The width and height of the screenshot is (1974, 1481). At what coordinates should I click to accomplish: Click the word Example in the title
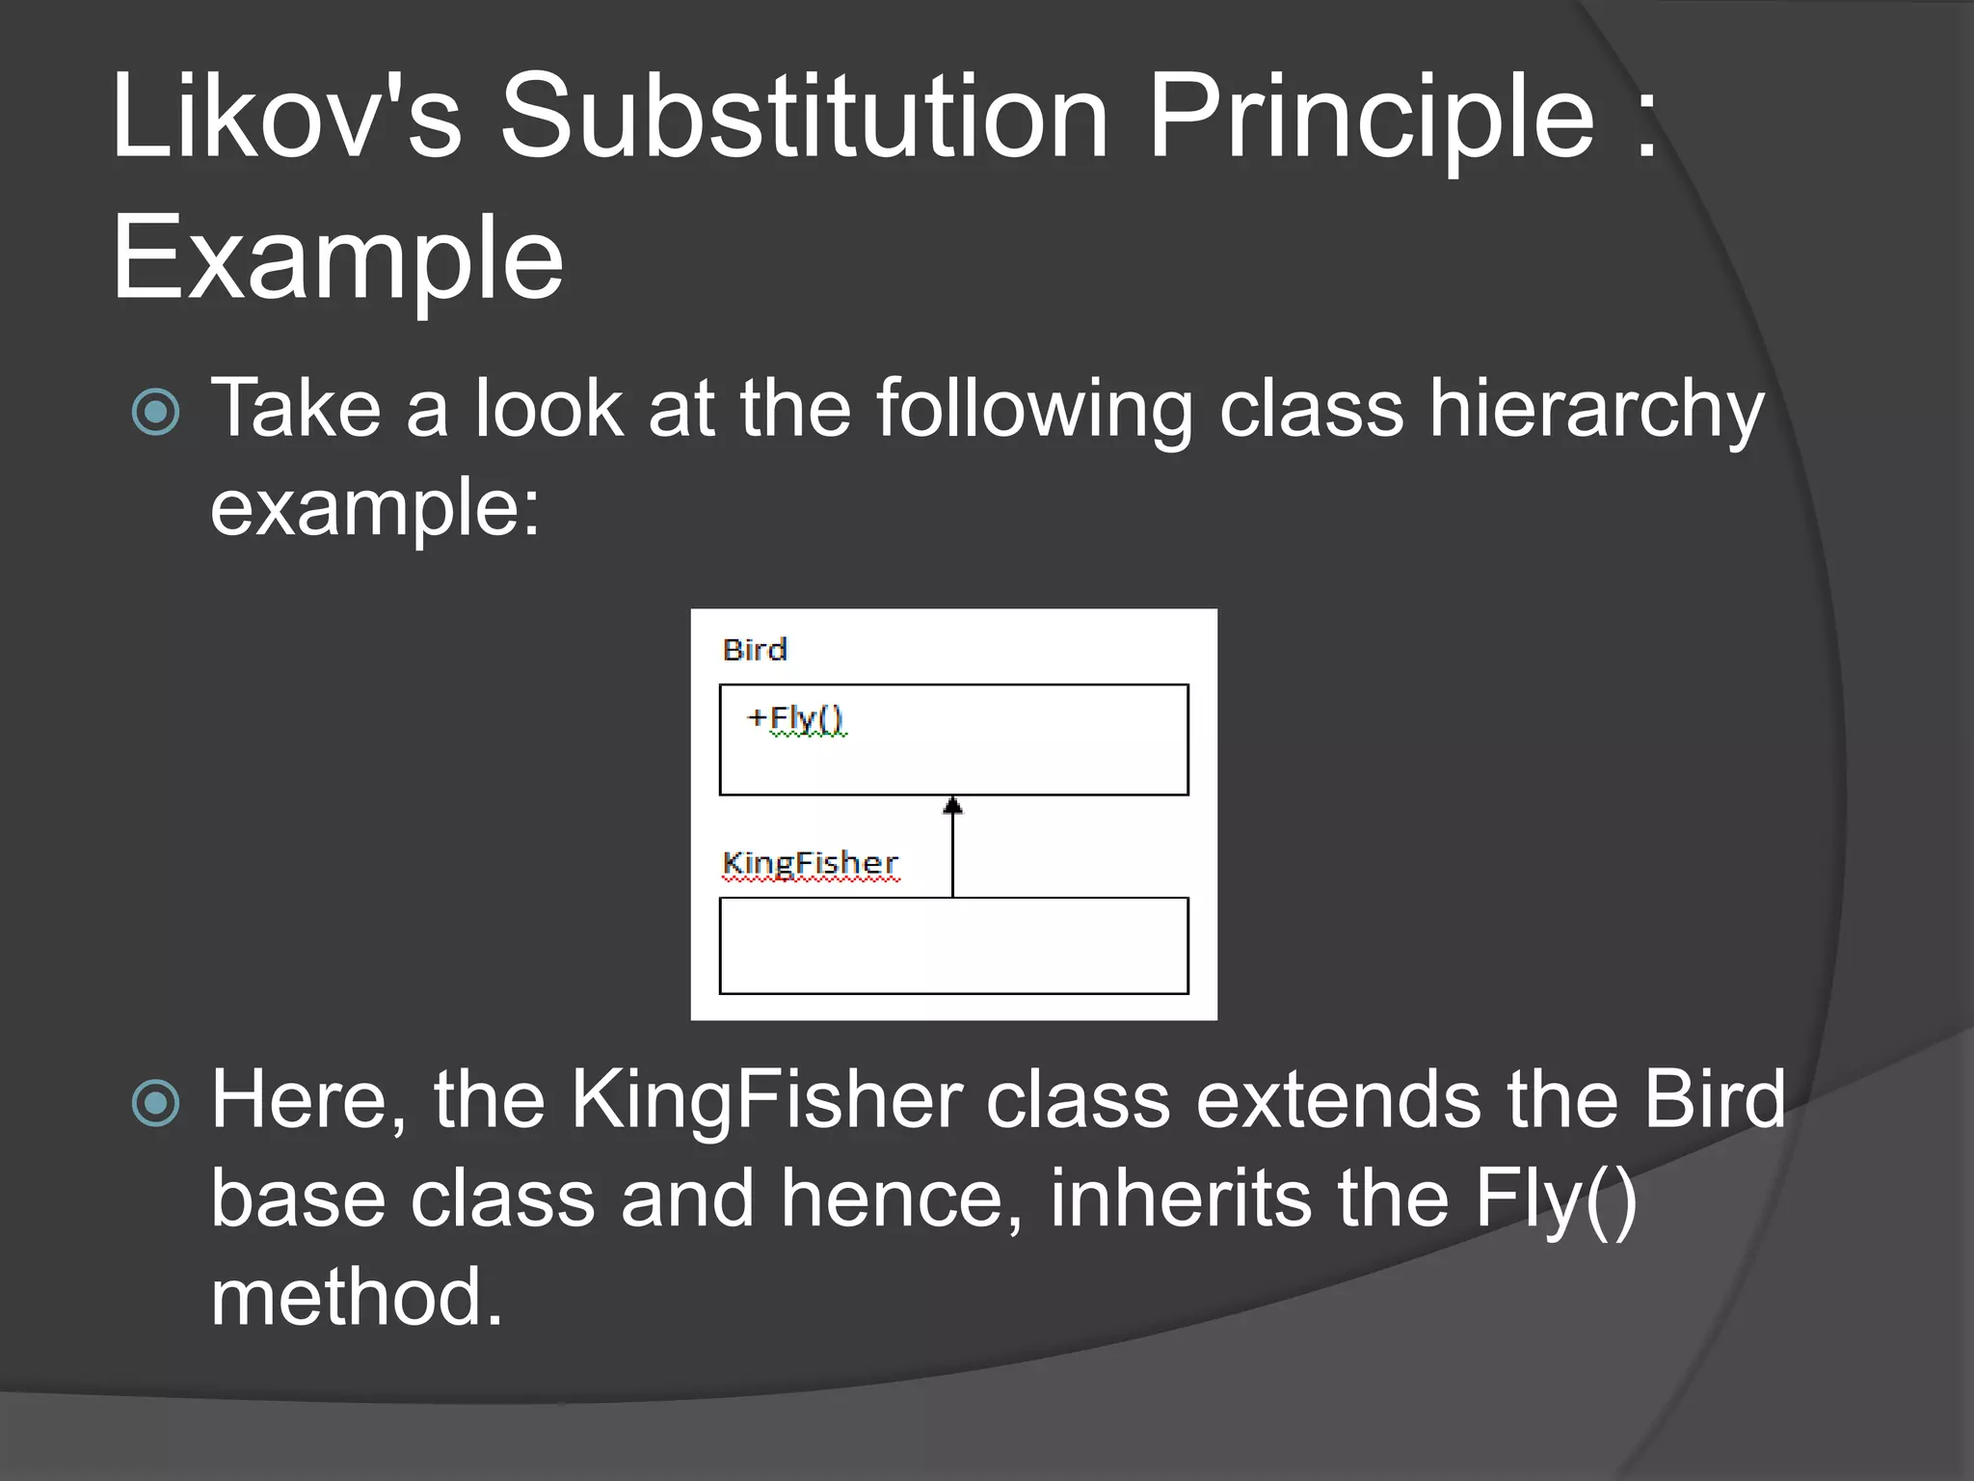[x=337, y=258]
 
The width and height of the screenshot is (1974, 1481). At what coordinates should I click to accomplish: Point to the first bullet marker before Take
[x=156, y=412]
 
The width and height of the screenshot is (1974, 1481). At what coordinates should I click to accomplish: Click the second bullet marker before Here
[x=156, y=1103]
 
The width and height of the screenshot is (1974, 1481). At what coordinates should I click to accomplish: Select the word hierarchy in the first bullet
[x=1596, y=410]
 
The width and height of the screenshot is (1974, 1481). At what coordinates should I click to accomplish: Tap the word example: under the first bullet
[x=375, y=507]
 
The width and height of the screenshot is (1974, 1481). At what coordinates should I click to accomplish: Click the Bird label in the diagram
[x=755, y=650]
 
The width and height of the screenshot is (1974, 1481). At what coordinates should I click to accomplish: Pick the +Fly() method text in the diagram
[x=796, y=718]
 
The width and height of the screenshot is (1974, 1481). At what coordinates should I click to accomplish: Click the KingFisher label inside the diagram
[x=810, y=863]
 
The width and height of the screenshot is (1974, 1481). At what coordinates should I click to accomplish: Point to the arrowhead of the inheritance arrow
[x=952, y=806]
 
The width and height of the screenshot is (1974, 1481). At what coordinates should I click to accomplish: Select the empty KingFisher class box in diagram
[x=953, y=945]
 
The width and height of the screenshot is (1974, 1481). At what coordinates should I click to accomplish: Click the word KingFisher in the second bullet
[x=766, y=1100]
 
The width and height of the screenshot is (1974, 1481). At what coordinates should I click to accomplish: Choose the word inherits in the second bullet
[x=1180, y=1198]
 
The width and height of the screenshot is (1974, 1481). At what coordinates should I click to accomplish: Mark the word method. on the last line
[x=357, y=1297]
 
